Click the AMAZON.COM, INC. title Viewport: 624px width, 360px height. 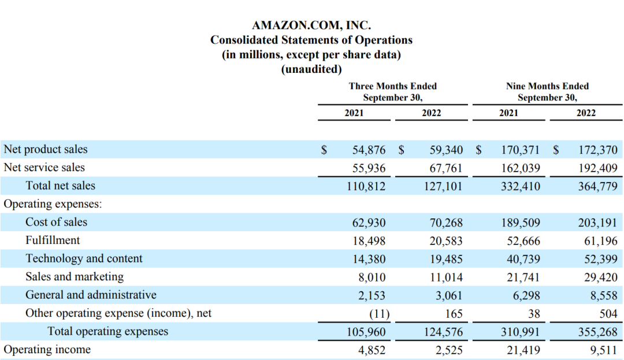311,25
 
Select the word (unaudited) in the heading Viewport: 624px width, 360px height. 311,69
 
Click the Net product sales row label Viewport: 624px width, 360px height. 46,149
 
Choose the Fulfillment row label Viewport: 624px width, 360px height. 53,240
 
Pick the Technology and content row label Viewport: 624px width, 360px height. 84,258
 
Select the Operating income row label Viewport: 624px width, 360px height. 47,350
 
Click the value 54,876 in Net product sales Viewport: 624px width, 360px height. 369,150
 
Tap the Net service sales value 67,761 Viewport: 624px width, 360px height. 446,168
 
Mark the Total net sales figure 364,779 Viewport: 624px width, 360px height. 598,186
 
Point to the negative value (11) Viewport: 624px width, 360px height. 378,314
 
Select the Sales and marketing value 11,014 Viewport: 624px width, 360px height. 446,277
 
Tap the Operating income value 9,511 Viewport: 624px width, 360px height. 604,350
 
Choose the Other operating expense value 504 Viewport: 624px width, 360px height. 608,314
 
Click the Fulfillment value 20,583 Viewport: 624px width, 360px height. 446,240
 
